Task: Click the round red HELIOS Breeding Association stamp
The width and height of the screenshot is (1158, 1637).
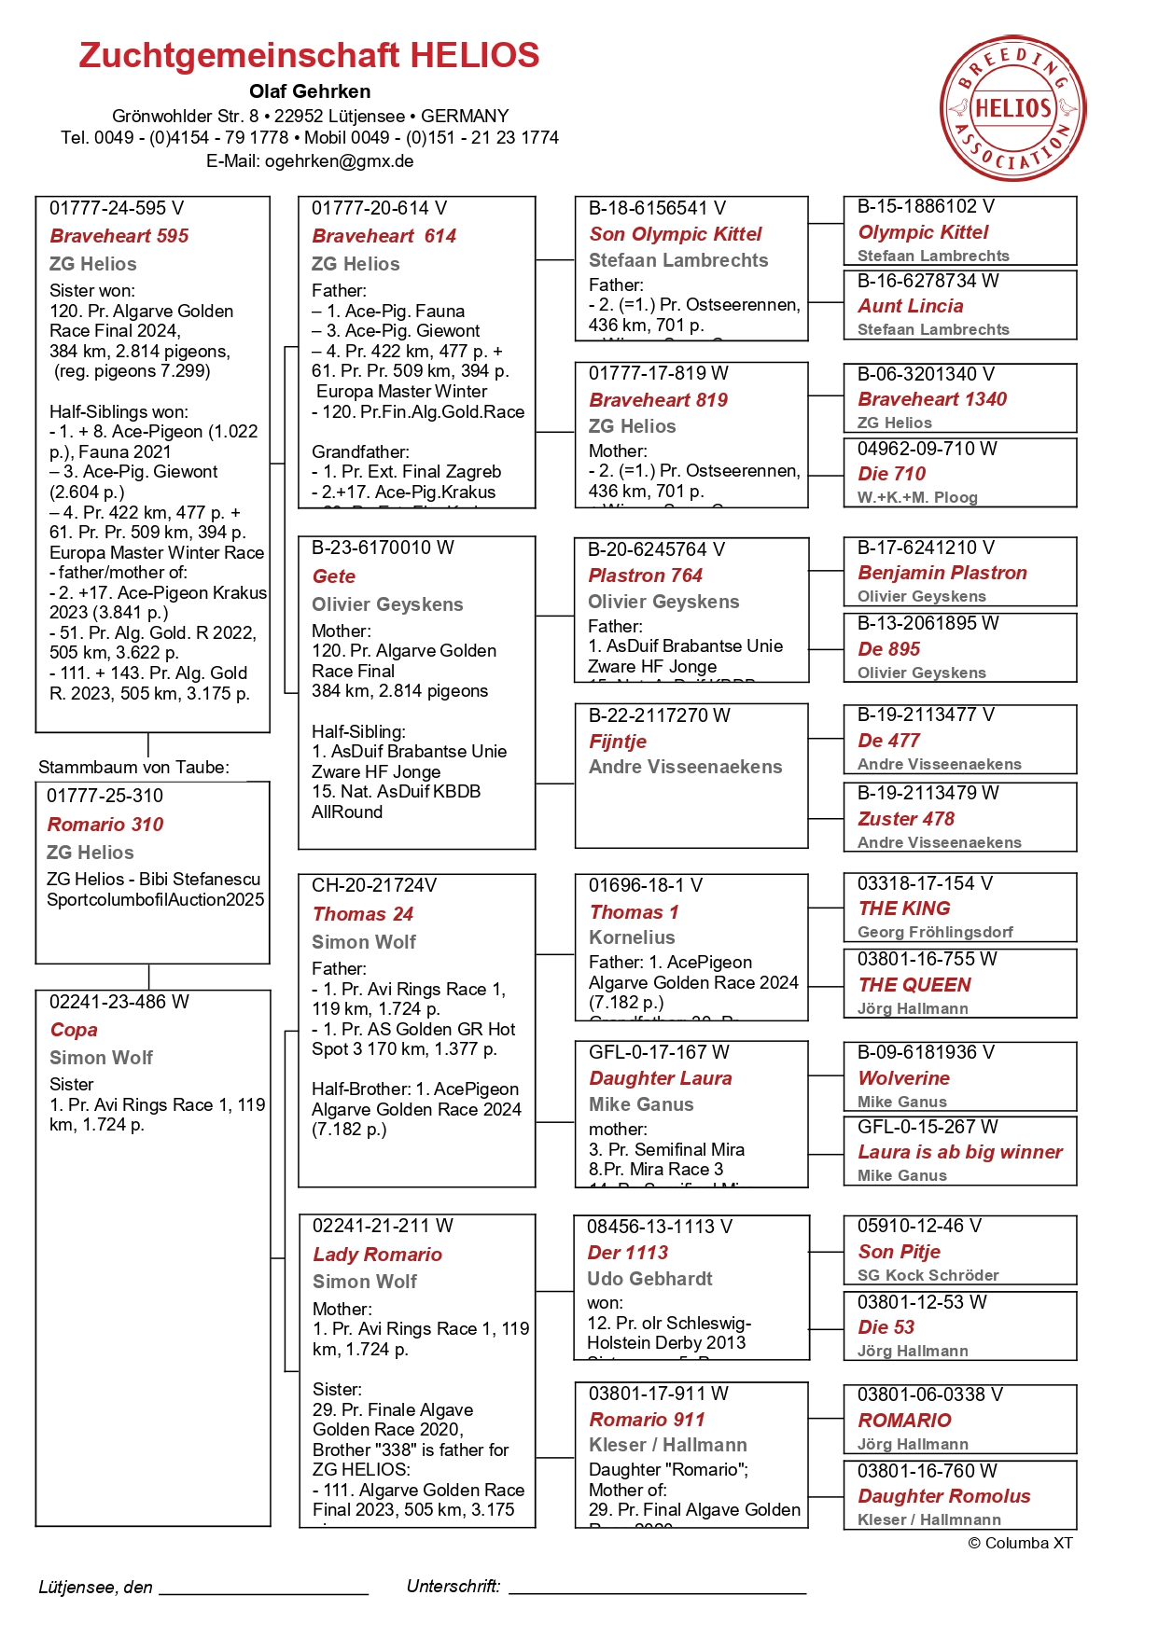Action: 1012,108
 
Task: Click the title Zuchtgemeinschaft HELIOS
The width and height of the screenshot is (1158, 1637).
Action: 309,56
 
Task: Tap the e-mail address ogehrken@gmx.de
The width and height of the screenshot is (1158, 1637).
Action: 339,161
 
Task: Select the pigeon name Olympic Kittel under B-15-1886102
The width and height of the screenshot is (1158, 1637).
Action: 923,232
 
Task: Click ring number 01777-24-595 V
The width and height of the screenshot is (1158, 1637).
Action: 117,208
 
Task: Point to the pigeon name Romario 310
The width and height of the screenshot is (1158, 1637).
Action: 105,825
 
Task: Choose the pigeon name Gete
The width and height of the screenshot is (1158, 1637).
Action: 333,576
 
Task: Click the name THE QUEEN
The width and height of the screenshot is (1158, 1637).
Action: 914,985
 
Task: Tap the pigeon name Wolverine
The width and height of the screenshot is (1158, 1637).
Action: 903,1078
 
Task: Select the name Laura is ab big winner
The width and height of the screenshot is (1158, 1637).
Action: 960,1152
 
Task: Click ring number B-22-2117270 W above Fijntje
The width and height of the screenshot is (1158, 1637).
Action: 659,715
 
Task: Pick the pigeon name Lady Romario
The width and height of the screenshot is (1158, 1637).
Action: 377,1255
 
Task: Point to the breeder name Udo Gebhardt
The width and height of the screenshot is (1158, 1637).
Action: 649,1279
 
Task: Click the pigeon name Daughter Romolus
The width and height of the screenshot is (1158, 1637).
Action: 943,1496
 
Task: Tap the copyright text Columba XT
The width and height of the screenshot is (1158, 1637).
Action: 1021,1543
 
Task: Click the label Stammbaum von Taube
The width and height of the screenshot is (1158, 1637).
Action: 133,768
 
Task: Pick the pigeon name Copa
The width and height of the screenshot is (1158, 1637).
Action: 74,1030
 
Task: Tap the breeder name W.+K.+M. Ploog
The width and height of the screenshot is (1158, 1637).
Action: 916,497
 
